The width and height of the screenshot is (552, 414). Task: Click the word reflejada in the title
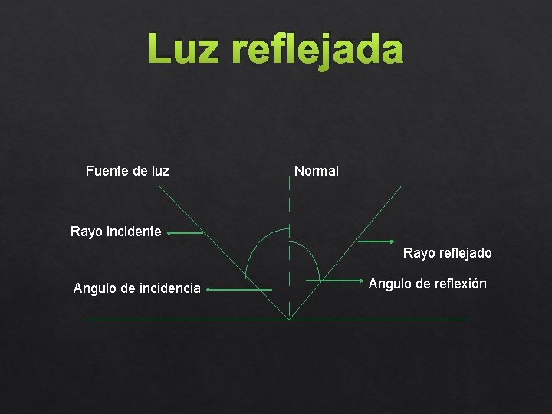[316, 50]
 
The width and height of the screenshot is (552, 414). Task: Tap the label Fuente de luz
[127, 170]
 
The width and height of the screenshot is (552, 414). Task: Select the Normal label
[316, 171]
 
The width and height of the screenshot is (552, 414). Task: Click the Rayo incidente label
[116, 231]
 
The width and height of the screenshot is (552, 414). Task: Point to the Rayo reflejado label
[448, 253]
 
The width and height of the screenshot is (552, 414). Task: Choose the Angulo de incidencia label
[136, 288]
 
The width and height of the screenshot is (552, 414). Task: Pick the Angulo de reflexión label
[427, 284]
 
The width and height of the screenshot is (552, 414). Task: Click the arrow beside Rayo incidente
[186, 232]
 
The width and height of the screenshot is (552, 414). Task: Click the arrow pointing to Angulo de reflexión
[334, 281]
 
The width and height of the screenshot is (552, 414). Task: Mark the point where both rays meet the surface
[289, 320]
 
